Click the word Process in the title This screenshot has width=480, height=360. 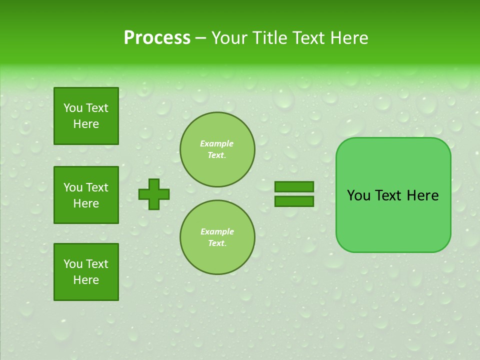(157, 38)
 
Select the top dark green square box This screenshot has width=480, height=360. (86, 116)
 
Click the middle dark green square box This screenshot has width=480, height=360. (86, 195)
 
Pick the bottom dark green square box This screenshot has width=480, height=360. (86, 272)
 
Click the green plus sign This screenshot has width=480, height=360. (153, 194)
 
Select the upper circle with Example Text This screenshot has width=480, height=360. (217, 149)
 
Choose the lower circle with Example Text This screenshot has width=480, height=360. (217, 237)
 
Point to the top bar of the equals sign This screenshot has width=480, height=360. (294, 187)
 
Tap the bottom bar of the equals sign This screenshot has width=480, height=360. (294, 201)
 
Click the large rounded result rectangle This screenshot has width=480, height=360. (393, 195)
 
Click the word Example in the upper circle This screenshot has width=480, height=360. (217, 144)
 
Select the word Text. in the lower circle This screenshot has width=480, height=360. (217, 243)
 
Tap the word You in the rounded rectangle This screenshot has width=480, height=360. (358, 195)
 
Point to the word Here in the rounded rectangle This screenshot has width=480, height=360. (422, 195)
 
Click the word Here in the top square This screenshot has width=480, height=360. (86, 124)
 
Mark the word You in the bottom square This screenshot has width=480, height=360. (73, 264)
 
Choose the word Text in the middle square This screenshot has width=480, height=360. (97, 187)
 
